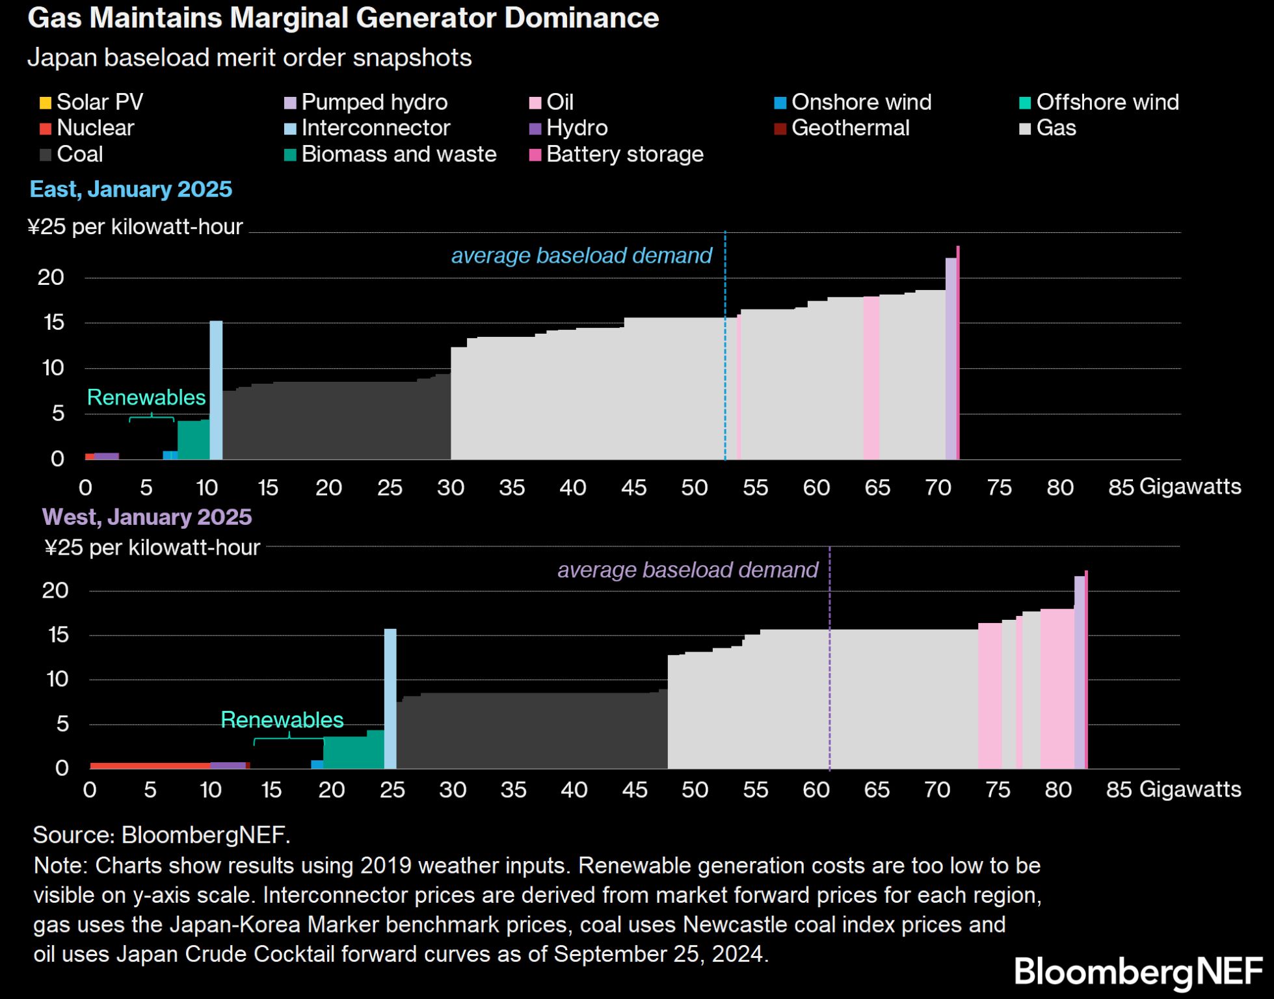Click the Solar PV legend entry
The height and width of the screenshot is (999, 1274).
point(92,102)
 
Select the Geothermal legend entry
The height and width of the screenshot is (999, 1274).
point(842,128)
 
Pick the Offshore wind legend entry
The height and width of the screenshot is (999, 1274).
point(1099,102)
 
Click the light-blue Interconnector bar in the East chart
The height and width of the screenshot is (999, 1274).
point(216,390)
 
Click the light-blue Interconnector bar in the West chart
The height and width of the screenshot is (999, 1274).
point(390,699)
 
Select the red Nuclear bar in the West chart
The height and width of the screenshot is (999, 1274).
point(150,766)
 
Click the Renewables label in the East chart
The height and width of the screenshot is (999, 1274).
point(146,397)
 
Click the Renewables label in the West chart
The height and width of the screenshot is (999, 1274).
point(282,720)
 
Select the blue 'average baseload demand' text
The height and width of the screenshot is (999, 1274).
point(581,256)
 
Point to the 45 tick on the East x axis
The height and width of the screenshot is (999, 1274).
point(634,488)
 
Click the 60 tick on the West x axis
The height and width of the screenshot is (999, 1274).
point(816,790)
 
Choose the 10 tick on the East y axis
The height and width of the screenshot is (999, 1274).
point(53,368)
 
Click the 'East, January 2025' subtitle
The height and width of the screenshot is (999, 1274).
point(131,189)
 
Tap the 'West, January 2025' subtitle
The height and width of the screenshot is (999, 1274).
point(147,517)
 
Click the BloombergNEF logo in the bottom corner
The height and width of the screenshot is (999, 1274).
point(1138,972)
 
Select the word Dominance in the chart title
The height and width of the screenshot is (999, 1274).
point(581,18)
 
